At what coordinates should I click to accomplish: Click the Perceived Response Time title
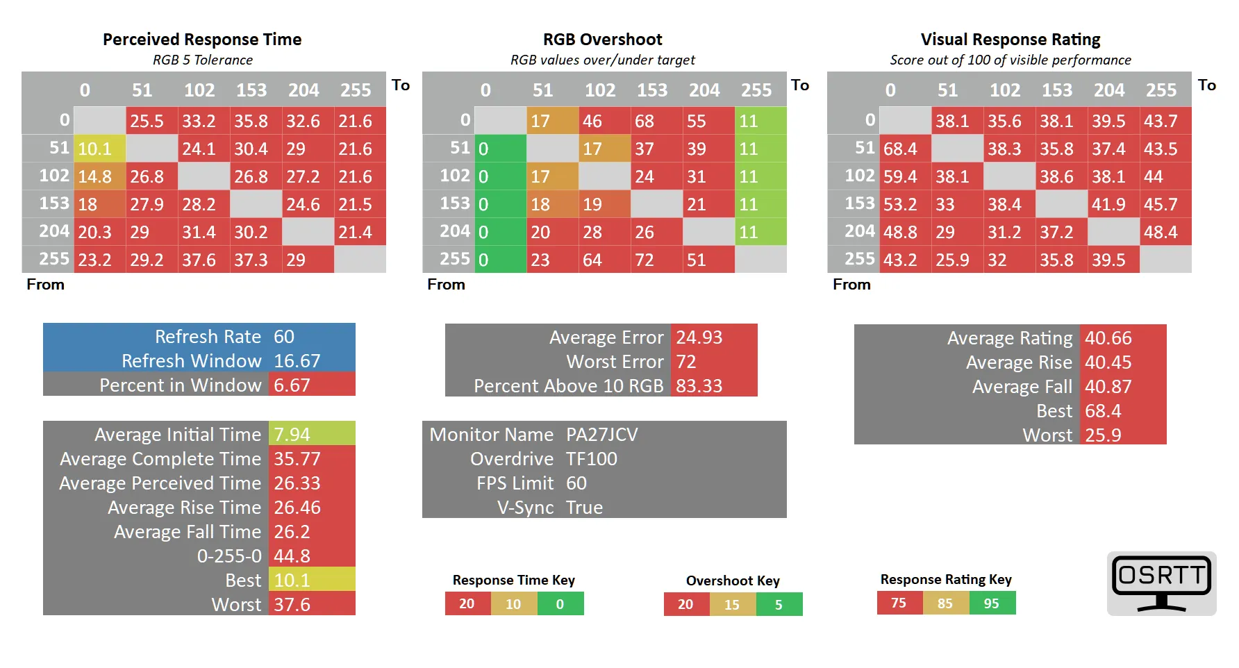[x=202, y=40]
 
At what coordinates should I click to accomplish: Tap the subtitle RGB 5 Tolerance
[x=203, y=60]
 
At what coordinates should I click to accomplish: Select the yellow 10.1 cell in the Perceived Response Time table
[x=100, y=149]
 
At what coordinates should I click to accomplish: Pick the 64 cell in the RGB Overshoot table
[x=605, y=260]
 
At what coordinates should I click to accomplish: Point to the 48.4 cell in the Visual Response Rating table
[x=1165, y=232]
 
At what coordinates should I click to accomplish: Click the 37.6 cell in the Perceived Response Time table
[x=204, y=260]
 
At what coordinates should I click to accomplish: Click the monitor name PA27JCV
[x=602, y=435]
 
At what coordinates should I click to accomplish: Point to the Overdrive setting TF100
[x=592, y=459]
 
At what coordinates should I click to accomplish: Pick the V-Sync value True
[x=584, y=508]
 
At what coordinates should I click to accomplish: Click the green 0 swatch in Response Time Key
[x=560, y=604]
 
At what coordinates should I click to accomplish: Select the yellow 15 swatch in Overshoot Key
[x=732, y=605]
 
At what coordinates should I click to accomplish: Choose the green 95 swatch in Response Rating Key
[x=992, y=603]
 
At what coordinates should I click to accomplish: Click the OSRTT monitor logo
[x=1162, y=583]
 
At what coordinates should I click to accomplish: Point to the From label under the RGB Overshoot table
[x=446, y=285]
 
